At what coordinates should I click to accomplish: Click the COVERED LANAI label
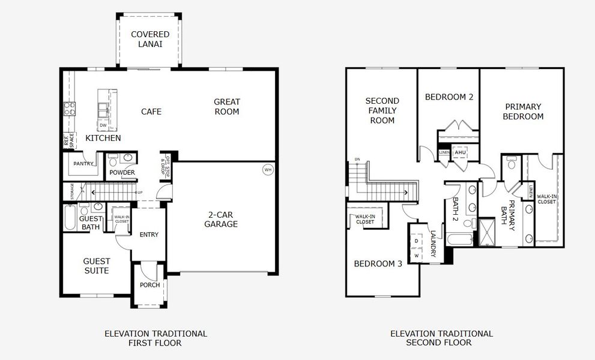pyautogui.click(x=150, y=39)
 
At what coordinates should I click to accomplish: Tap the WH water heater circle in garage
pyautogui.click(x=268, y=170)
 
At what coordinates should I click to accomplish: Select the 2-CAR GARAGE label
pyautogui.click(x=223, y=219)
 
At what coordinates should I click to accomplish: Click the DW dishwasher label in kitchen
pyautogui.click(x=103, y=125)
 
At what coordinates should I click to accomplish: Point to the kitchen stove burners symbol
pyautogui.click(x=70, y=109)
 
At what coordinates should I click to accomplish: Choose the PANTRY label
pyautogui.click(x=83, y=163)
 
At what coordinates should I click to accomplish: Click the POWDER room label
pyautogui.click(x=122, y=173)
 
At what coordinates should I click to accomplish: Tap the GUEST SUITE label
pyautogui.click(x=96, y=266)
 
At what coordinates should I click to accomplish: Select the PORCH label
pyautogui.click(x=150, y=285)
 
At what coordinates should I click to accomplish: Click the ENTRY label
pyautogui.click(x=148, y=235)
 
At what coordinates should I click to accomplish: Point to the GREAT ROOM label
pyautogui.click(x=226, y=107)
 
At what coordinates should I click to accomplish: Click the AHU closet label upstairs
pyautogui.click(x=461, y=152)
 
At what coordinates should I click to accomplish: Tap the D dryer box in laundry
pyautogui.click(x=416, y=241)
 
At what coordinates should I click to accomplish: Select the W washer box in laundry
pyautogui.click(x=416, y=256)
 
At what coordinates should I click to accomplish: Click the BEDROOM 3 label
pyautogui.click(x=378, y=264)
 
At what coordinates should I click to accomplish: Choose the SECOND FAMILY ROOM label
pyautogui.click(x=382, y=110)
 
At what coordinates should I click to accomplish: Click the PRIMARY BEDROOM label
pyautogui.click(x=523, y=112)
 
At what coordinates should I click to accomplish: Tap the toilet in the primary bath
pyautogui.click(x=511, y=162)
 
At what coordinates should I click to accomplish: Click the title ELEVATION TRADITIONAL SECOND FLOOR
pyautogui.click(x=441, y=338)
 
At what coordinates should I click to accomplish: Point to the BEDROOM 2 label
pyautogui.click(x=449, y=97)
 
